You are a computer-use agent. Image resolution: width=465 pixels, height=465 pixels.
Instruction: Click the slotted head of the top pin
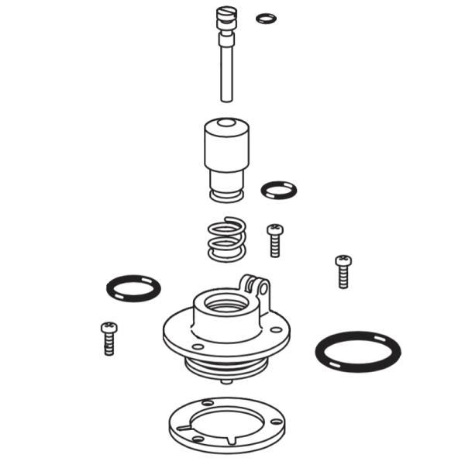tap(226, 13)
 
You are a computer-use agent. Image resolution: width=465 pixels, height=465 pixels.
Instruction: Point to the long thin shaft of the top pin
tap(226, 74)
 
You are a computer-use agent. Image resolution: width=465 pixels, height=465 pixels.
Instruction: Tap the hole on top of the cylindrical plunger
tap(224, 123)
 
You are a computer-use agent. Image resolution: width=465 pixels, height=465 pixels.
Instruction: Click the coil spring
tap(226, 238)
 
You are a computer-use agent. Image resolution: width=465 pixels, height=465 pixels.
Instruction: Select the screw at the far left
tap(108, 338)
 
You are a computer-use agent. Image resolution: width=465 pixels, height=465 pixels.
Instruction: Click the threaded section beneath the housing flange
tap(225, 367)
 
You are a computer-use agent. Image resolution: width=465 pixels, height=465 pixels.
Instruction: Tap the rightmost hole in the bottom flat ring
tap(275, 421)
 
